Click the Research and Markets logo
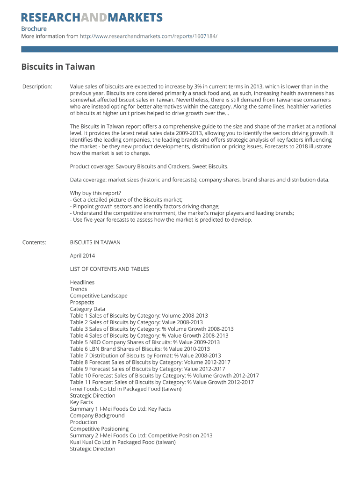point(92,18)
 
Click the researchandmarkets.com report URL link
point(148,36)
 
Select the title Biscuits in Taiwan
point(58,67)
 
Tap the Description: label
point(37,87)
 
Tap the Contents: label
point(34,242)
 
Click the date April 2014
point(82,256)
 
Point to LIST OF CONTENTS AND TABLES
point(109,269)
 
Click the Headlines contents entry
point(82,283)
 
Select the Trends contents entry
point(79,289)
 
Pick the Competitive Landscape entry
point(99,296)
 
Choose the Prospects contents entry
point(82,302)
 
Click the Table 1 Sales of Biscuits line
point(139,316)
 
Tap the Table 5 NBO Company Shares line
point(144,342)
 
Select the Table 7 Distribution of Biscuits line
point(145,356)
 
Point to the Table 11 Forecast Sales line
point(162,382)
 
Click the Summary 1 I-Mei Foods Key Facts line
point(120,409)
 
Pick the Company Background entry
point(97,415)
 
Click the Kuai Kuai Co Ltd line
point(123,442)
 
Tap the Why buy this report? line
point(95,193)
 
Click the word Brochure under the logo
point(34,29)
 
